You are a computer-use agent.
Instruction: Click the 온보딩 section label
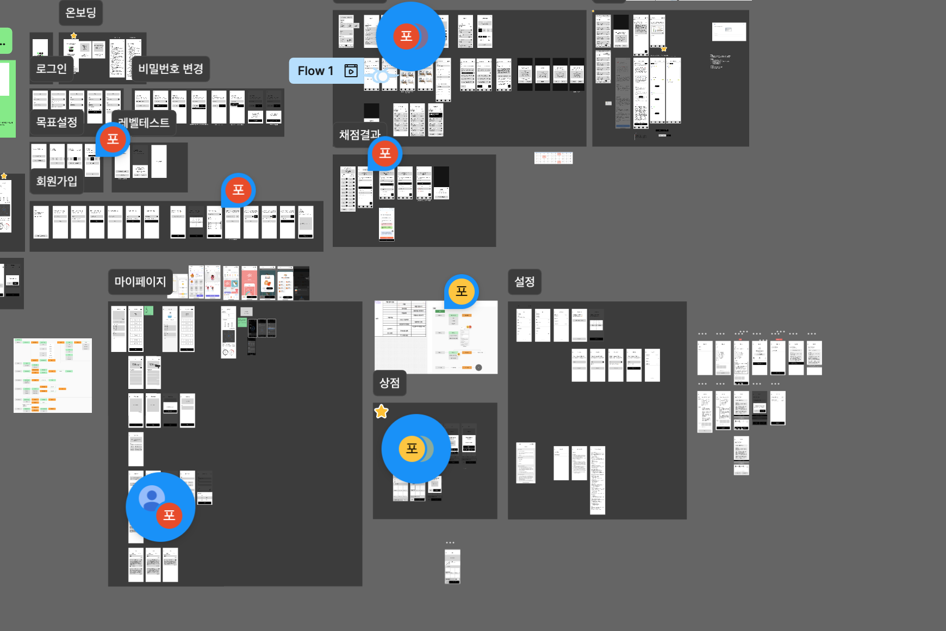click(80, 13)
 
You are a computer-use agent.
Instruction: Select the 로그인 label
click(51, 69)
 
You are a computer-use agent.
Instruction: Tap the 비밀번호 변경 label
click(170, 69)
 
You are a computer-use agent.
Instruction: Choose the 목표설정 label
click(57, 122)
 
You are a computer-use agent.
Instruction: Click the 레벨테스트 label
click(144, 123)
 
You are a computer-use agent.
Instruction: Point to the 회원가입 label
click(57, 181)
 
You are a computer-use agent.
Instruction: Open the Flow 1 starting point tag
click(315, 71)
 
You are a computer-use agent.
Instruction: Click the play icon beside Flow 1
click(351, 71)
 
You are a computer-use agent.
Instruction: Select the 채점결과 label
click(359, 135)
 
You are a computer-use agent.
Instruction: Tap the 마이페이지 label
click(140, 282)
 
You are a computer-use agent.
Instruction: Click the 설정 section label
click(525, 282)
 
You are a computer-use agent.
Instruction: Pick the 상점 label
click(389, 383)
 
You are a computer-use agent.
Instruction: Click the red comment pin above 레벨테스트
click(113, 139)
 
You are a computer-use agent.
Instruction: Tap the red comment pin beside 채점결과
click(385, 153)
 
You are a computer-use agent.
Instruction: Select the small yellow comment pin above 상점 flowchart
click(461, 292)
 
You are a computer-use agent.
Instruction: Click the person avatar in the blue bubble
click(152, 497)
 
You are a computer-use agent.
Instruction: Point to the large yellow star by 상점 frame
click(382, 412)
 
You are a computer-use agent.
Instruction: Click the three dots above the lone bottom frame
click(450, 542)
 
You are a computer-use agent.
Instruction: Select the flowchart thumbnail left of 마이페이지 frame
click(53, 375)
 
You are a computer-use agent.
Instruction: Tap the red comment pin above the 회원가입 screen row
click(238, 190)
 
